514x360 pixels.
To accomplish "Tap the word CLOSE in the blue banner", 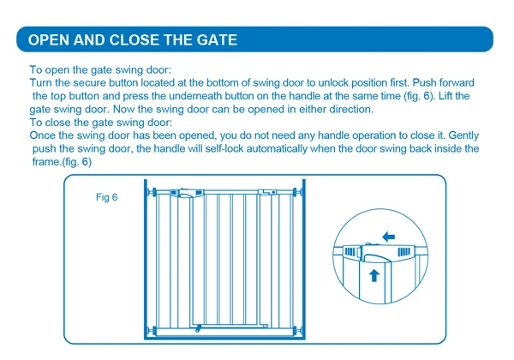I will [x=135, y=39].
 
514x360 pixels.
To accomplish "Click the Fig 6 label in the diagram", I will [x=106, y=198].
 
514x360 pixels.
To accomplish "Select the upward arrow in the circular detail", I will [x=374, y=274].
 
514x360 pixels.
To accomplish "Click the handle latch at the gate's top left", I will [x=181, y=194].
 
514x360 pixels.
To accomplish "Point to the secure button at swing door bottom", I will [x=198, y=327].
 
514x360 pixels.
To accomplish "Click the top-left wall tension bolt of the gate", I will [x=152, y=192].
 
